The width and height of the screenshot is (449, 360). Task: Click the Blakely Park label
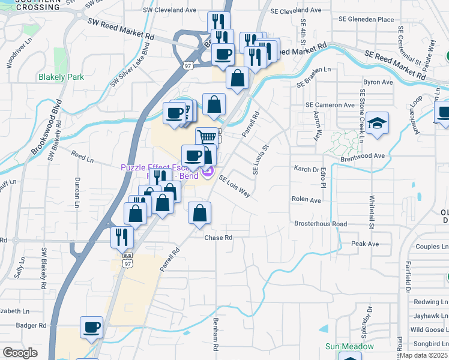[61, 77]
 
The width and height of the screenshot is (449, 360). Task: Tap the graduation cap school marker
[378, 124]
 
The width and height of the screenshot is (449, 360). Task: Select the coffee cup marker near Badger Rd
[92, 328]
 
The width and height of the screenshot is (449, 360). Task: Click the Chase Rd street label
[218, 238]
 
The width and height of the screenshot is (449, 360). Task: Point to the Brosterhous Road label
[321, 224]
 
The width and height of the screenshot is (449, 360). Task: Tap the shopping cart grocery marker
[207, 137]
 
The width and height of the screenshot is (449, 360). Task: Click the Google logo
[20, 353]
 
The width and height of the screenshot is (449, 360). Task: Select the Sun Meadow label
[349, 347]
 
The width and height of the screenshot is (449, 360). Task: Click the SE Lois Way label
[234, 187]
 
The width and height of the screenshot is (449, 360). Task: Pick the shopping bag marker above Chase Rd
[200, 213]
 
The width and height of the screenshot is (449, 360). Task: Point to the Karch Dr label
[306, 170]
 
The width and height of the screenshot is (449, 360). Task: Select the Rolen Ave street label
[306, 199]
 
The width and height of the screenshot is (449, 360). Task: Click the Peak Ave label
[365, 244]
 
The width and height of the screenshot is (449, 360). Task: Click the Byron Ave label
[378, 82]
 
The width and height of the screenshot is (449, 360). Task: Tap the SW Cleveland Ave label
[169, 10]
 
